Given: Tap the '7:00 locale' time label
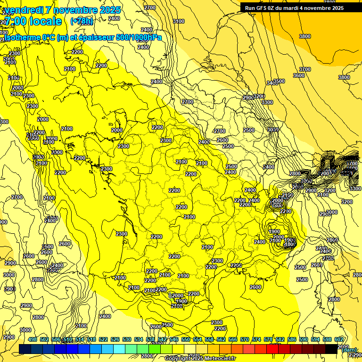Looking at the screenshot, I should (33, 21).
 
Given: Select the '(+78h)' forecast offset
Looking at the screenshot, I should (82, 21).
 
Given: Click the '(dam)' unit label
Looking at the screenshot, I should (349, 349).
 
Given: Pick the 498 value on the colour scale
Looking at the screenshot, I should (33, 339).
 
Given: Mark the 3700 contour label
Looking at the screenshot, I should (305, 69).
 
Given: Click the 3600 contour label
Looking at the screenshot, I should (299, 75).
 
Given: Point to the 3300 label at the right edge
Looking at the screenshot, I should (355, 189).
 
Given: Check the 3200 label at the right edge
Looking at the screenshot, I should (346, 202).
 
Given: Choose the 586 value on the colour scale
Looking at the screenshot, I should (292, 339).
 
